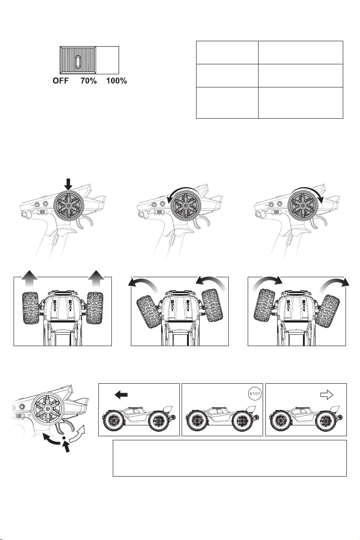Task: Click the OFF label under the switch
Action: pyautogui.click(x=61, y=81)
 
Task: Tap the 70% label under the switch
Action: pyautogui.click(x=88, y=81)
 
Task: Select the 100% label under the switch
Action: pyautogui.click(x=116, y=81)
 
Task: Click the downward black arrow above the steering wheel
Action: pyautogui.click(x=68, y=184)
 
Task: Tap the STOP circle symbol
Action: pyautogui.click(x=255, y=394)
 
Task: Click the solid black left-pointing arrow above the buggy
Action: pyautogui.click(x=121, y=395)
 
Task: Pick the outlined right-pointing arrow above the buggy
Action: pyautogui.click(x=326, y=395)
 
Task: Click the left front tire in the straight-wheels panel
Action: pyautogui.click(x=31, y=308)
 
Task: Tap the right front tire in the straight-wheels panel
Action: pyautogui.click(x=95, y=308)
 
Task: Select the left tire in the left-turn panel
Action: pyautogui.click(x=149, y=311)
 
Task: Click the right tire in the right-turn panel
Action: pyautogui.click(x=327, y=311)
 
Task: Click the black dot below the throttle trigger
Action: pyautogui.click(x=64, y=438)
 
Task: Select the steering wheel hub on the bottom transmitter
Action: pyautogui.click(x=48, y=409)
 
